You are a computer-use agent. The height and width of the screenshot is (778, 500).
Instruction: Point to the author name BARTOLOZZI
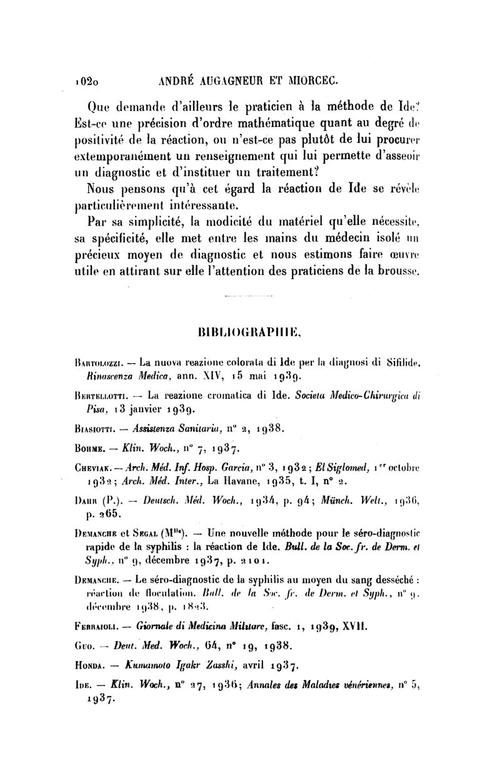pyautogui.click(x=98, y=361)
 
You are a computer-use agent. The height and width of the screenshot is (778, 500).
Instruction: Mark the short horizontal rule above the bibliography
pyautogui.click(x=249, y=295)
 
